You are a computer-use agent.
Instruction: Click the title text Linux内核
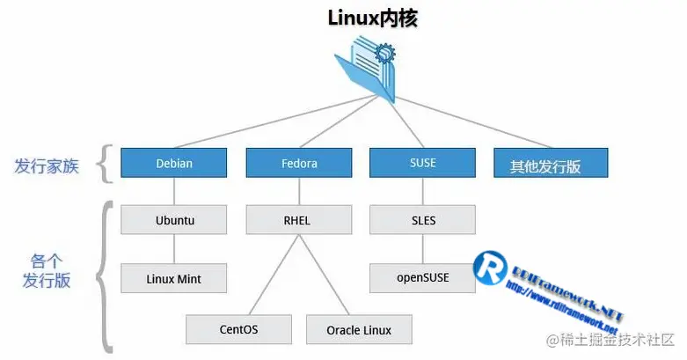click(x=372, y=18)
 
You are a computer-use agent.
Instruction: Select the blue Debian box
click(x=174, y=164)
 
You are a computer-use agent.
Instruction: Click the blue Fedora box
click(x=299, y=164)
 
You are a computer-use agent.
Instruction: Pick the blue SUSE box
click(x=422, y=164)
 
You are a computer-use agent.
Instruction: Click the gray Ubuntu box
click(x=174, y=220)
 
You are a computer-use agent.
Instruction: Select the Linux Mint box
click(x=174, y=278)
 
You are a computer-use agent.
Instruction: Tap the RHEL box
click(x=299, y=220)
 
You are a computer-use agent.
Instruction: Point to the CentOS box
click(x=238, y=330)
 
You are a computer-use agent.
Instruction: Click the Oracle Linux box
click(x=359, y=330)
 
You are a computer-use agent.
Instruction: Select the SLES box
click(x=422, y=220)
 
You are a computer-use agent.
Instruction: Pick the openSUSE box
click(x=422, y=277)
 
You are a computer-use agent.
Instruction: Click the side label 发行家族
click(x=47, y=165)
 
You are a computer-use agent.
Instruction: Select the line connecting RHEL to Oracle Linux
click(x=329, y=274)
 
